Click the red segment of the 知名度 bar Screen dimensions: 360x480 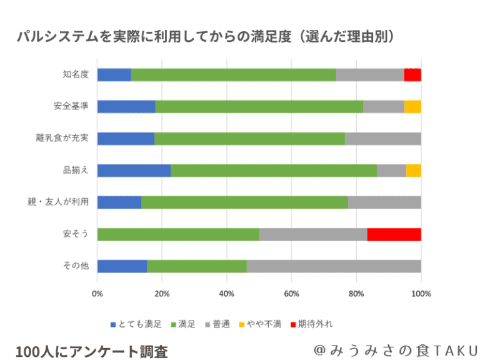click(412, 75)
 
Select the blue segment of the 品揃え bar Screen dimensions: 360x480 click(134, 171)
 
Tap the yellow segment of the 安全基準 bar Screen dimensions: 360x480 click(412, 107)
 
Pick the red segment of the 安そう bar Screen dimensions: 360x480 click(394, 234)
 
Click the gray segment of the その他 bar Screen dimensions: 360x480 click(334, 266)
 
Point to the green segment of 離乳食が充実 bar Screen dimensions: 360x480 click(249, 139)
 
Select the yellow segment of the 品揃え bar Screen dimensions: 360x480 click(413, 171)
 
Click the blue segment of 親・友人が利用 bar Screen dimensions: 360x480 click(119, 202)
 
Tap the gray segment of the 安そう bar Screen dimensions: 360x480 click(313, 234)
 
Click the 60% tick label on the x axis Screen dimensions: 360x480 click(291, 292)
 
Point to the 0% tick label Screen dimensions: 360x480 click(97, 292)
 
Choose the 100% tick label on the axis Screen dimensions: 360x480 click(421, 292)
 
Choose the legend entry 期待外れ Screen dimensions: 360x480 click(315, 324)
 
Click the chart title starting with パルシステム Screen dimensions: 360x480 click(207, 37)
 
